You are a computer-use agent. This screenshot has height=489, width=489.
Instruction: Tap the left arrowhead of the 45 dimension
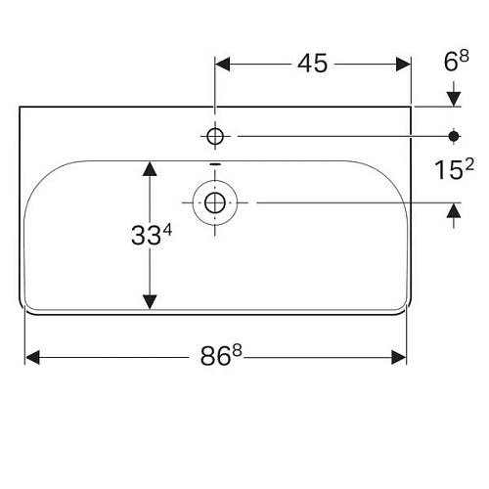click(223, 64)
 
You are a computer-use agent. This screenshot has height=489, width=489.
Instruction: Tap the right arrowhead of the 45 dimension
click(402, 64)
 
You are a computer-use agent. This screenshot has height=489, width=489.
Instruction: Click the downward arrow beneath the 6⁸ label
click(455, 98)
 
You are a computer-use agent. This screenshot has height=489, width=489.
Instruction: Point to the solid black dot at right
click(455, 134)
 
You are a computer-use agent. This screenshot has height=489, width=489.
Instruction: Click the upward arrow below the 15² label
click(455, 211)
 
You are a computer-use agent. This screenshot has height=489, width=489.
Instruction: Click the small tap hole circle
click(215, 134)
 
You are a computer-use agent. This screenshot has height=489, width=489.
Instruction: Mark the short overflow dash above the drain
click(215, 163)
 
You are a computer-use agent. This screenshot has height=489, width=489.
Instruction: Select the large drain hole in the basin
click(215, 202)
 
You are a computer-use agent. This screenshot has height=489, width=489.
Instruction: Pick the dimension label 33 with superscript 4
click(149, 235)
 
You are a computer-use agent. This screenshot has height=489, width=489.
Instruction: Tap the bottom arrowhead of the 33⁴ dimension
click(149, 300)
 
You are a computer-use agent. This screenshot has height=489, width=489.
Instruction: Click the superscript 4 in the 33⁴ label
click(167, 229)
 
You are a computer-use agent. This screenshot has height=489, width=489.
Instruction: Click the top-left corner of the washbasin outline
click(21, 107)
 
